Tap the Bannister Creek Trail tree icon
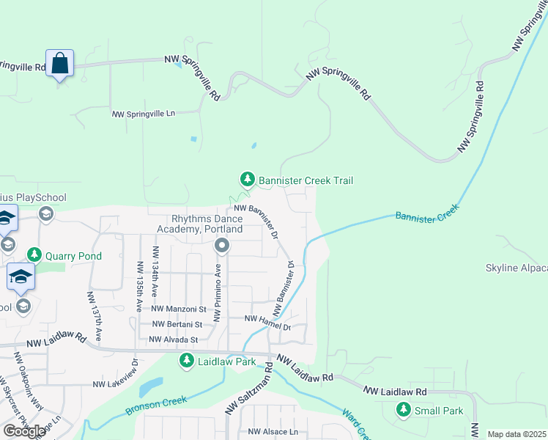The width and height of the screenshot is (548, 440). point(248,180)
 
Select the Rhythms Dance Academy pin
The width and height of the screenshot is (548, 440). point(222,246)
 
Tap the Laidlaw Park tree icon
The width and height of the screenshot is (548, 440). point(187,362)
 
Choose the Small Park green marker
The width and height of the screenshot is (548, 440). point(403,411)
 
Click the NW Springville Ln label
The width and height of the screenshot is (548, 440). point(144,114)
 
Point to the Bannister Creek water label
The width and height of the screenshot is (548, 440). point(426,216)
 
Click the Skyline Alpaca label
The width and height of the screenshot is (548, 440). point(516,268)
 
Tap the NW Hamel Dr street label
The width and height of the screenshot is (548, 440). point(267,319)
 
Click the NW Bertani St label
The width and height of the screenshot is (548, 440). point(177,324)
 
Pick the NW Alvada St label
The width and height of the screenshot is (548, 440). point(174,340)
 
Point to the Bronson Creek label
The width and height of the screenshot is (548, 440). point(156,405)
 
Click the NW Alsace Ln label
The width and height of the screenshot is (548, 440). point(273,432)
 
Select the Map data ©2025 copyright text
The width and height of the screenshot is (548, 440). point(517,434)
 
